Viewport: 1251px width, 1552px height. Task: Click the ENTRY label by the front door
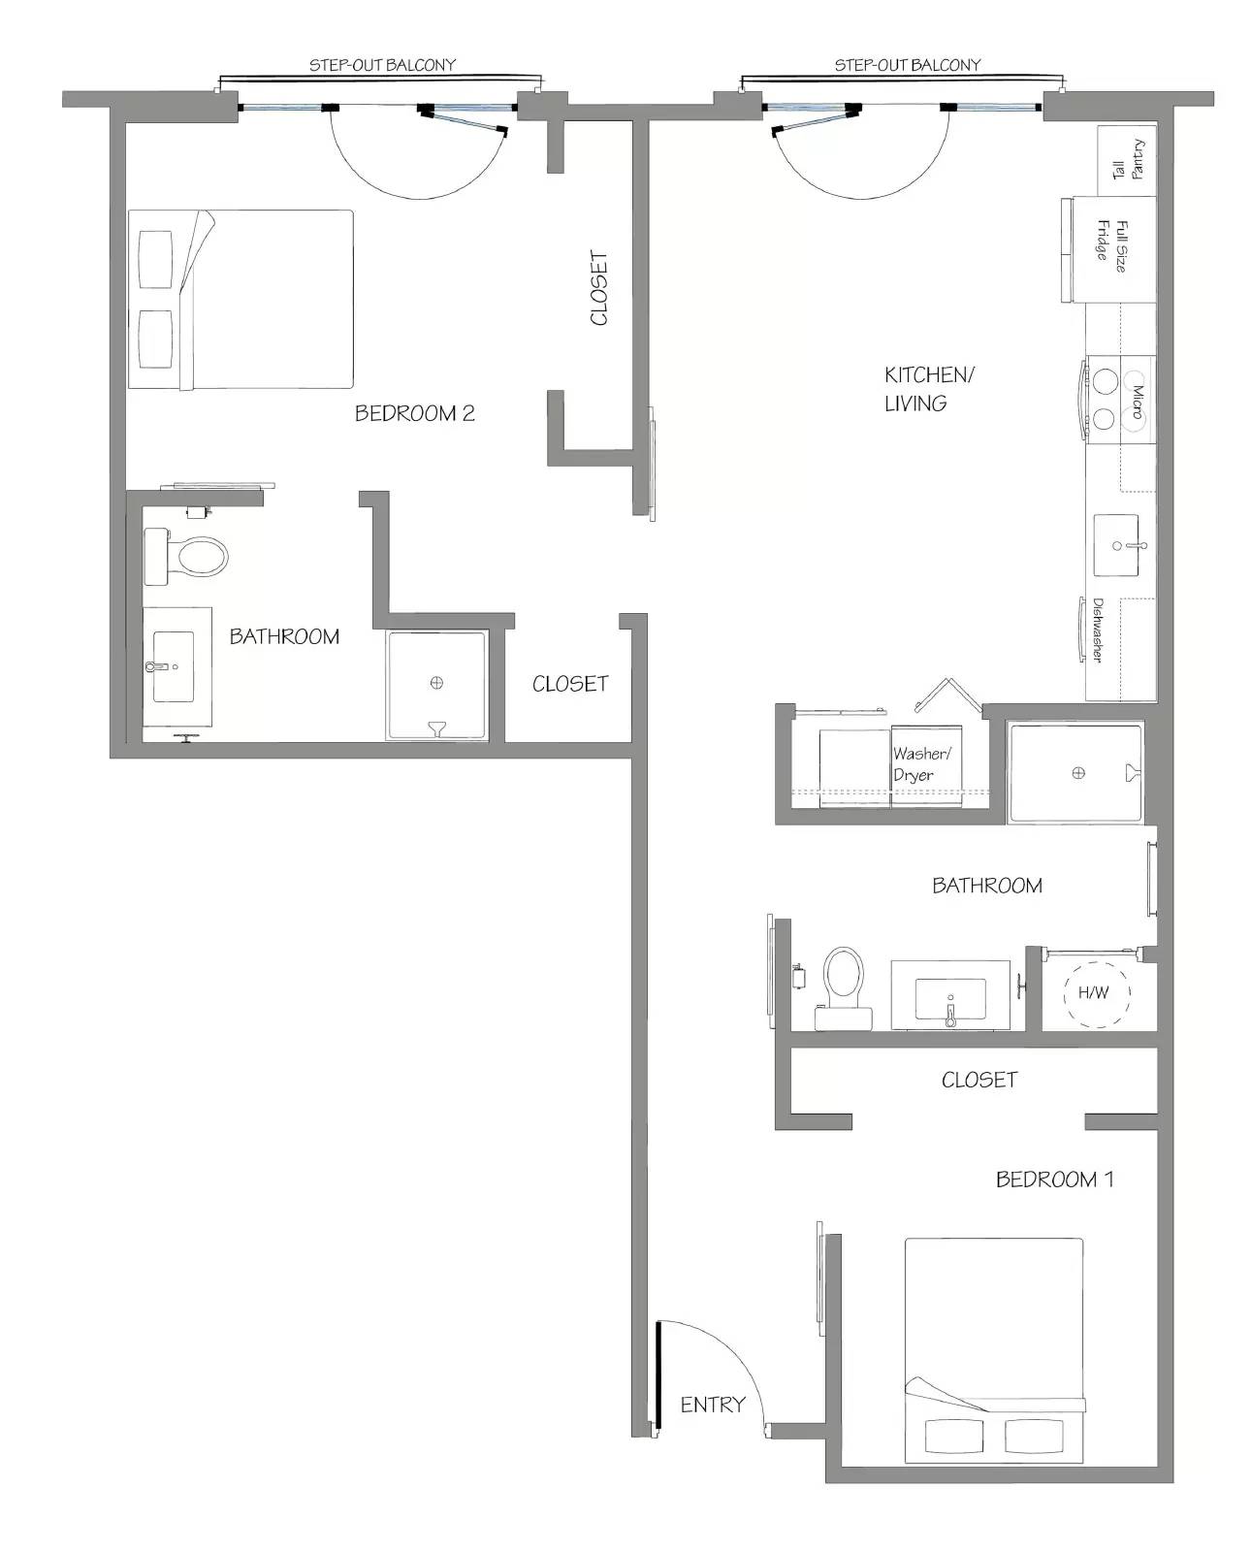click(713, 1405)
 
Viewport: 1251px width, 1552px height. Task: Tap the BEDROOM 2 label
click(415, 413)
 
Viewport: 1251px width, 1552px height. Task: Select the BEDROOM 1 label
click(1054, 1180)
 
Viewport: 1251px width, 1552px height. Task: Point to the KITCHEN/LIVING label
click(929, 389)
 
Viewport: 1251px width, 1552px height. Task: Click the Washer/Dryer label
click(921, 763)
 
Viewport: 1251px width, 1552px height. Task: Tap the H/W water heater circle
click(1096, 993)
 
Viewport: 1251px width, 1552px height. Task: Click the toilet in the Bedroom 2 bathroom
click(186, 557)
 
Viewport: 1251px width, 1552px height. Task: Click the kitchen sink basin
click(1115, 545)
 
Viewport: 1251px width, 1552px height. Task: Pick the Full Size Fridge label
click(1111, 245)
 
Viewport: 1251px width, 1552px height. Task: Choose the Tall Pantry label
click(1128, 160)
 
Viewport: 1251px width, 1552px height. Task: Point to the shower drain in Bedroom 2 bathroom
click(436, 682)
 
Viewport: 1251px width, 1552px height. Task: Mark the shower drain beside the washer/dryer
click(1078, 773)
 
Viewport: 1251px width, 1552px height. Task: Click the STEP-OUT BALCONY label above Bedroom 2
click(382, 65)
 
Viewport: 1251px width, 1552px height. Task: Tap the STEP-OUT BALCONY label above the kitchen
click(907, 65)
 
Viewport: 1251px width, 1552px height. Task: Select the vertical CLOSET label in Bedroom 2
click(599, 288)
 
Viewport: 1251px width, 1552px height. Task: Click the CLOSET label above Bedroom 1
click(979, 1080)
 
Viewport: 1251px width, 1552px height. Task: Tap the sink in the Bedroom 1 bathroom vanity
click(950, 997)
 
